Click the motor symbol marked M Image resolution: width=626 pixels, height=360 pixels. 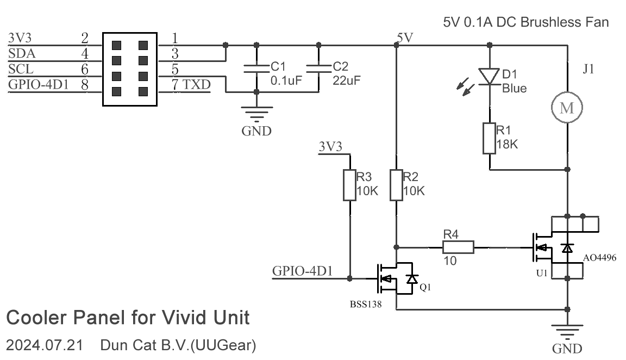click(x=567, y=108)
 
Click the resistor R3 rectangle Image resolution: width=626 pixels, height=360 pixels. click(x=349, y=185)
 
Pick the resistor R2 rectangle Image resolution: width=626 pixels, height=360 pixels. click(x=397, y=185)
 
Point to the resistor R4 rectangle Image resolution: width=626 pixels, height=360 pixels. click(x=458, y=247)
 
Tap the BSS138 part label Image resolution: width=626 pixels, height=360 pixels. click(x=365, y=305)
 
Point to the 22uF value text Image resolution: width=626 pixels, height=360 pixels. click(x=346, y=79)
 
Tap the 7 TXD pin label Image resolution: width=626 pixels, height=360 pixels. click(x=190, y=84)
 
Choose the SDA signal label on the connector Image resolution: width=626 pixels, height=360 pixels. click(x=20, y=54)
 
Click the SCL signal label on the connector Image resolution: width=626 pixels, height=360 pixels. click(x=20, y=69)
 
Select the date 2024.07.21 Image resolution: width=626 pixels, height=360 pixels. click(x=44, y=345)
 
